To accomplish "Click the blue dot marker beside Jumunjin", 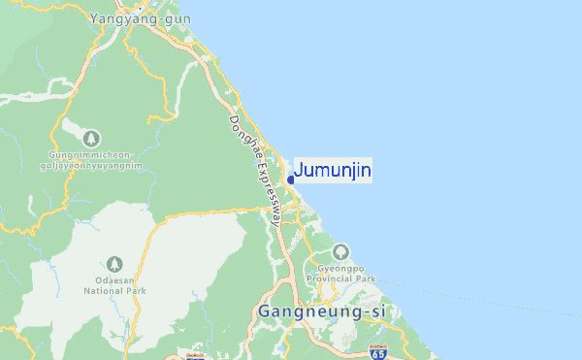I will point(290,180).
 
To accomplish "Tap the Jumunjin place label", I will point(332,171).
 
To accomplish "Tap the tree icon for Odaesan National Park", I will point(114,263).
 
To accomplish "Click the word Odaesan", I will point(114,280).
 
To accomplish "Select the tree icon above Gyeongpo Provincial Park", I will point(339,250).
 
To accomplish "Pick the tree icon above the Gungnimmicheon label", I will point(91,139).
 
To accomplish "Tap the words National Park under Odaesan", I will point(114,290).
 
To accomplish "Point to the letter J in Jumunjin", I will point(298,171).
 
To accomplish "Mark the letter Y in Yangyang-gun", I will point(94,18).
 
